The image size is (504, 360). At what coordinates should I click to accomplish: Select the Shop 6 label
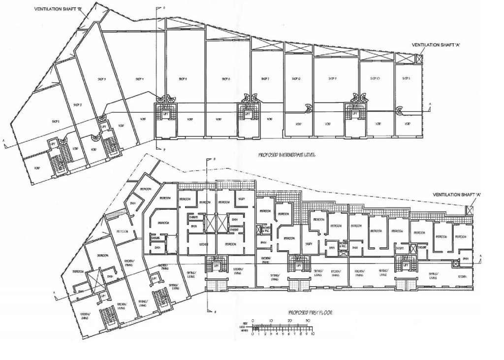(226, 79)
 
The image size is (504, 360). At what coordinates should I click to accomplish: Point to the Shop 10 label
(375, 79)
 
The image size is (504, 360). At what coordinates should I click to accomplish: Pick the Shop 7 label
(265, 79)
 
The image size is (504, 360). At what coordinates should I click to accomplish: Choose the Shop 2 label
(77, 104)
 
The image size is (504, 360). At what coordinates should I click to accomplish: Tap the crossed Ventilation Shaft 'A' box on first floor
(470, 210)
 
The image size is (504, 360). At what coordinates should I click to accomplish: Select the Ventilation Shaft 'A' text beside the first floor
(456, 195)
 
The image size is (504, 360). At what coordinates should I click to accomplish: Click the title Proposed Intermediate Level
(286, 155)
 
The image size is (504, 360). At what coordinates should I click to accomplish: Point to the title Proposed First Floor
(310, 313)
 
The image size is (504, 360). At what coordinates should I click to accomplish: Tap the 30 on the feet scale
(307, 321)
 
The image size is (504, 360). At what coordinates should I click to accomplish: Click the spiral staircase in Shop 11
(401, 111)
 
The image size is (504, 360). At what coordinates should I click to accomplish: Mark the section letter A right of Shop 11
(430, 104)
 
